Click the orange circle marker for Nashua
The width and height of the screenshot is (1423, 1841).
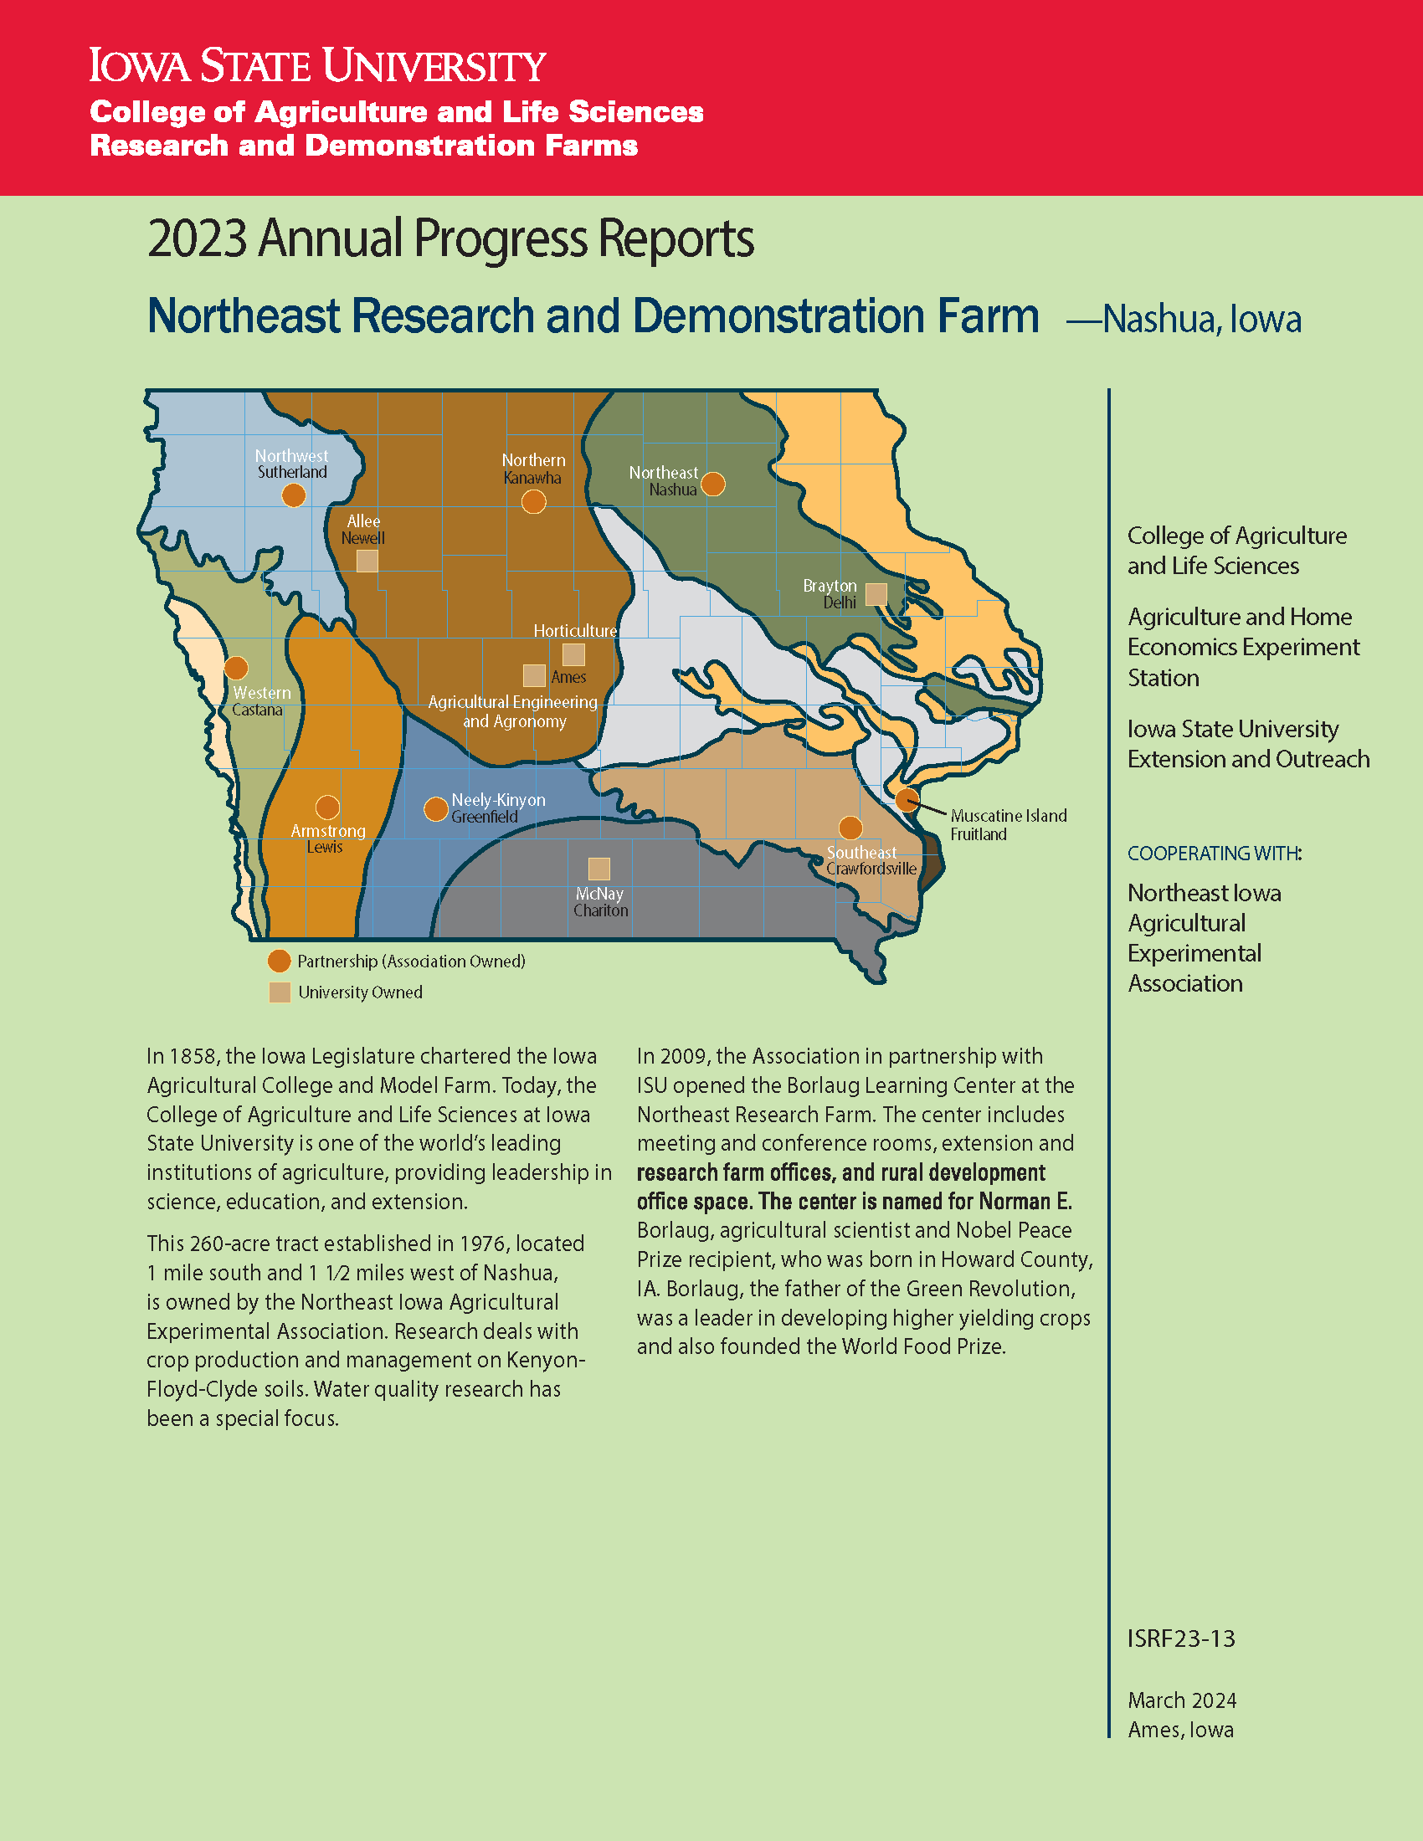coord(713,484)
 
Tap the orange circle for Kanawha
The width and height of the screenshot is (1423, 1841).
coord(534,501)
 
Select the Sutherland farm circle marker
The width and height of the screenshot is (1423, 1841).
coord(293,495)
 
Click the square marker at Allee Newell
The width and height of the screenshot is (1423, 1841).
coord(367,561)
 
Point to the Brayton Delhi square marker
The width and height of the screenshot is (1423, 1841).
coord(876,594)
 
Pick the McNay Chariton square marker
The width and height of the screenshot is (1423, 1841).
coord(599,869)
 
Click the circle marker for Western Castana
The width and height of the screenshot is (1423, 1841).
coord(236,668)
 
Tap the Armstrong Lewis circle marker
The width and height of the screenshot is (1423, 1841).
coord(327,807)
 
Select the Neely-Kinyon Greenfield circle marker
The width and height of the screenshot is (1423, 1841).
coord(436,809)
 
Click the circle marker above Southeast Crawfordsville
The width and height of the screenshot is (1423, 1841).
coord(850,828)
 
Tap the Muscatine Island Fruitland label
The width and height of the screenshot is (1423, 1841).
coord(1009,824)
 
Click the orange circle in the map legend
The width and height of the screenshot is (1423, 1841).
coord(279,961)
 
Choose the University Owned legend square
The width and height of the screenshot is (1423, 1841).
coord(280,992)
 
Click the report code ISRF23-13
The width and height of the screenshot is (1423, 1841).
coord(1181,1638)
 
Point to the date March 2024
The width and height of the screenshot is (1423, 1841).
coord(1182,1700)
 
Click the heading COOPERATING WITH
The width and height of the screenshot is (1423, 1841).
coord(1214,853)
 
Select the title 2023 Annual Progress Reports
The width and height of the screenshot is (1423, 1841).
coord(450,239)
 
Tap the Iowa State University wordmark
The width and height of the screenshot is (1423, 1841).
coord(318,66)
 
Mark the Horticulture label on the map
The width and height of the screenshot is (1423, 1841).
coord(575,630)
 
